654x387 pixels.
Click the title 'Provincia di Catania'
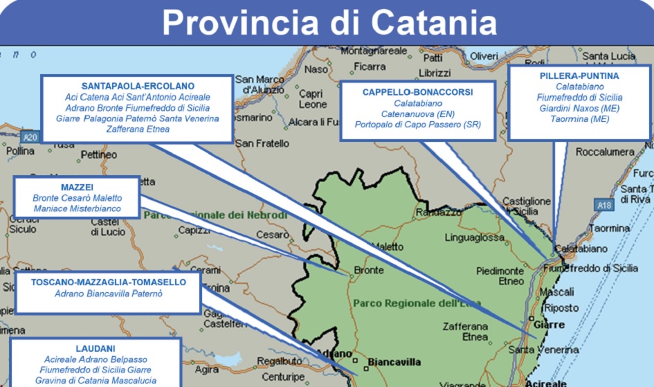(x=329, y=23)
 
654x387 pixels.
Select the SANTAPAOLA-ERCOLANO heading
(x=137, y=85)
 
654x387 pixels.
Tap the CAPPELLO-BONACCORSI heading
(x=417, y=91)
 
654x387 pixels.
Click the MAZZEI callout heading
(x=76, y=186)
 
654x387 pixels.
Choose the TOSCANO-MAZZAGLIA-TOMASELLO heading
(x=107, y=282)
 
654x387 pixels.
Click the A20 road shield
(x=28, y=137)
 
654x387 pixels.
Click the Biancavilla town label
(x=394, y=362)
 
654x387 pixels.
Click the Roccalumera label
(x=605, y=152)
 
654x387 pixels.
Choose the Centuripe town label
(x=282, y=377)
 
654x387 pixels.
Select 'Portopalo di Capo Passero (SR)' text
(x=417, y=125)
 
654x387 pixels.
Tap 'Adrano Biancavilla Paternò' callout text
(x=107, y=294)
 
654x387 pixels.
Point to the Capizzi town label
(x=194, y=230)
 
